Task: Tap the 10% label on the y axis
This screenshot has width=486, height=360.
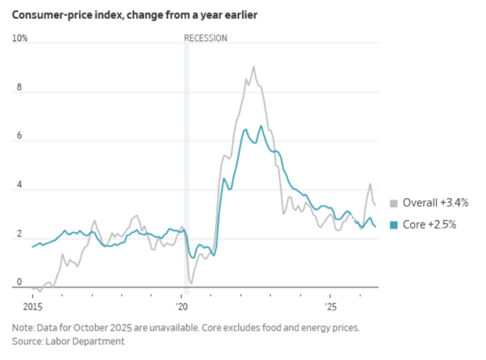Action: (20, 38)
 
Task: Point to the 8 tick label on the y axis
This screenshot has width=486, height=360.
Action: (19, 87)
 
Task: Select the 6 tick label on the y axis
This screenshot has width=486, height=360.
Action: (19, 136)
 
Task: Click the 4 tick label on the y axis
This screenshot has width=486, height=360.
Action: (19, 185)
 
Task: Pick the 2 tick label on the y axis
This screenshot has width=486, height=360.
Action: (19, 233)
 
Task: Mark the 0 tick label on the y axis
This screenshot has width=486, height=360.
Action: (19, 282)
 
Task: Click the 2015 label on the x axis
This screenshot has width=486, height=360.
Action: (32, 307)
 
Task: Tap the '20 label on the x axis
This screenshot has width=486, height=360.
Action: (182, 307)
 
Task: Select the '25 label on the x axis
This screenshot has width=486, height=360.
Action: (330, 307)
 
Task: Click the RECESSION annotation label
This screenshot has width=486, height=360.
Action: (205, 38)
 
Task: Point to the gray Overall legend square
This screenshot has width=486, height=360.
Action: (393, 203)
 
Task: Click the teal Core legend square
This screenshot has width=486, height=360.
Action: (393, 225)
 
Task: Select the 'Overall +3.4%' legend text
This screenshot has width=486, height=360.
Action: (435, 203)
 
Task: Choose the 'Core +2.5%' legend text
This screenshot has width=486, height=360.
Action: (429, 224)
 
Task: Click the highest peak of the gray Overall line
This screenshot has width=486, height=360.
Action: (253, 66)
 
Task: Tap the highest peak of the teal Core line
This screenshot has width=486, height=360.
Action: (261, 126)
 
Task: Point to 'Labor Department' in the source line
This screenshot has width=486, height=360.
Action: (85, 341)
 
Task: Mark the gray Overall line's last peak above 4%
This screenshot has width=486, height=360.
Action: (370, 184)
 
